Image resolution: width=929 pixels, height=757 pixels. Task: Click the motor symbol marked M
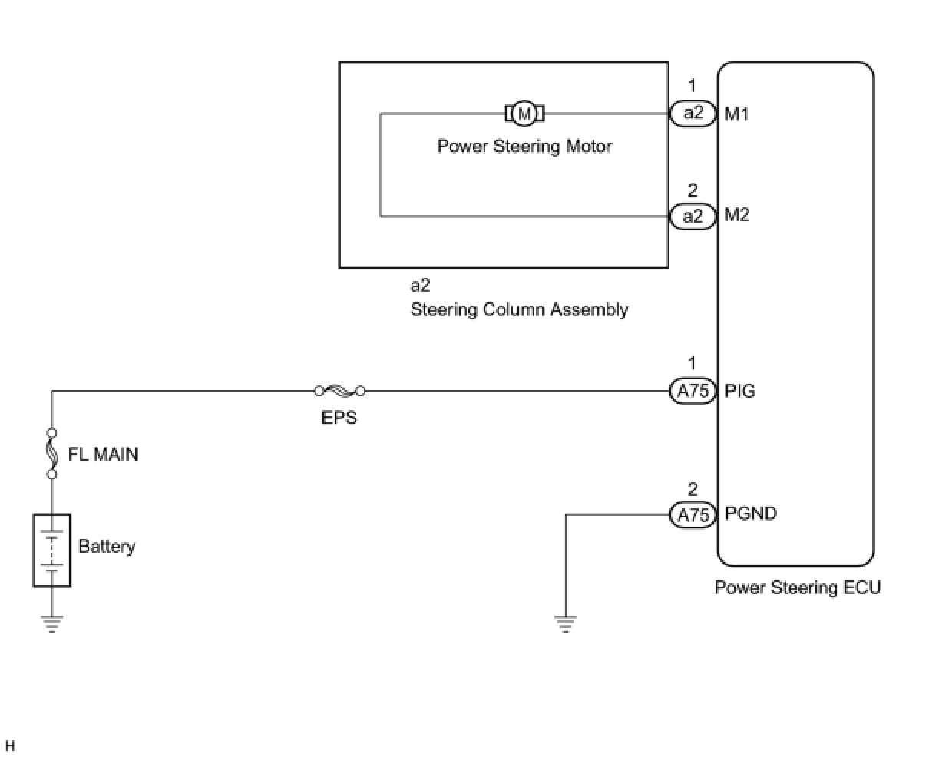[x=524, y=114]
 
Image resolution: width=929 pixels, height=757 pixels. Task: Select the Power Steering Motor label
[x=524, y=146]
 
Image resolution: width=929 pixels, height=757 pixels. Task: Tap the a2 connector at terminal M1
[x=693, y=114]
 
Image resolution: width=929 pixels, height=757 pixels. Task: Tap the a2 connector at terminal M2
[x=693, y=217]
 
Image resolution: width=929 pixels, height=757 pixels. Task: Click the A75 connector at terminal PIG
[x=693, y=392]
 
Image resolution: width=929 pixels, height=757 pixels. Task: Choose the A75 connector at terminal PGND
[x=693, y=514]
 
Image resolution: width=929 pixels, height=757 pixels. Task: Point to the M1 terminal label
[x=736, y=114]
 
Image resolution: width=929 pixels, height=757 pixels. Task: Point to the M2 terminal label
[x=736, y=216]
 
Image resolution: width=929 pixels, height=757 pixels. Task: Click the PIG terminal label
[x=740, y=392]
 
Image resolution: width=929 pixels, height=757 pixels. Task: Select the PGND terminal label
[x=751, y=514]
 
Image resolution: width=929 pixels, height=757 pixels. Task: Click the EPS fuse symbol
[x=339, y=392]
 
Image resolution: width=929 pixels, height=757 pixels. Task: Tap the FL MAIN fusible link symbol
[x=52, y=454]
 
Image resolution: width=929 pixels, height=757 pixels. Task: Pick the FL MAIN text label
[x=104, y=455]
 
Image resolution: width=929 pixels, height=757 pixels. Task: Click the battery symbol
[x=52, y=550]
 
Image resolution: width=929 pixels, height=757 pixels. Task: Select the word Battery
[x=107, y=547]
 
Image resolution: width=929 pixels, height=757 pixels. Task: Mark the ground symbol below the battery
[x=52, y=623]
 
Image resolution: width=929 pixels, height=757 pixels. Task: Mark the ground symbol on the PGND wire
[x=566, y=623]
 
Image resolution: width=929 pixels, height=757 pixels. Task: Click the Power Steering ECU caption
[x=798, y=588]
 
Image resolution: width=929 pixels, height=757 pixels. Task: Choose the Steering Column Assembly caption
[x=519, y=310]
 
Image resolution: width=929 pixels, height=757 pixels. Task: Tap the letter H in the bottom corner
[x=10, y=745]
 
